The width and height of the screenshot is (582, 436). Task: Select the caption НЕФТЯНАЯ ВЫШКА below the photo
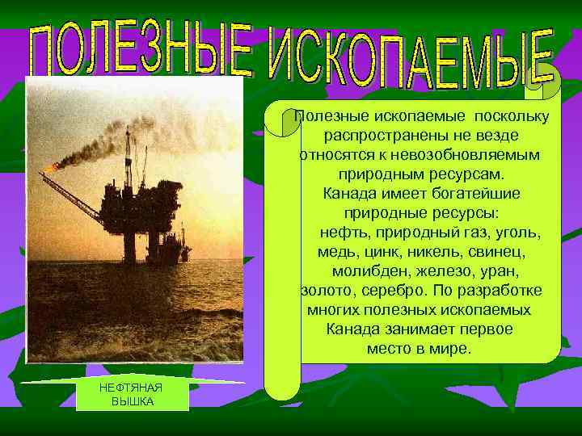pos(132,395)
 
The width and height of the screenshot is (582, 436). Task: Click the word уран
pos(499,271)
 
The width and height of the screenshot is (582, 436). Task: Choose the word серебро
pos(397,291)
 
